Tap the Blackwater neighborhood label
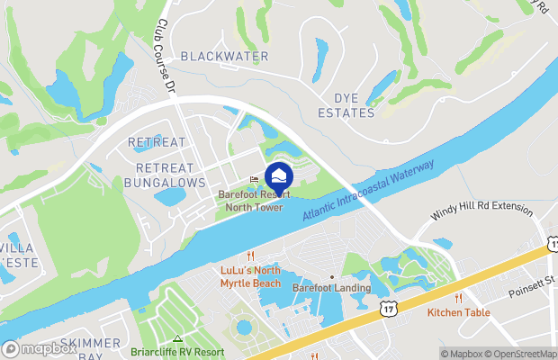(x=224, y=57)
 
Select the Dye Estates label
(x=346, y=105)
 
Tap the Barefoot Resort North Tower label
(x=250, y=201)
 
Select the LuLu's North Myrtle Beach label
(x=250, y=276)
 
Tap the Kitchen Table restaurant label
(x=458, y=312)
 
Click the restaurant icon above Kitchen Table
(x=458, y=298)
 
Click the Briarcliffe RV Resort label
(x=177, y=352)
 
